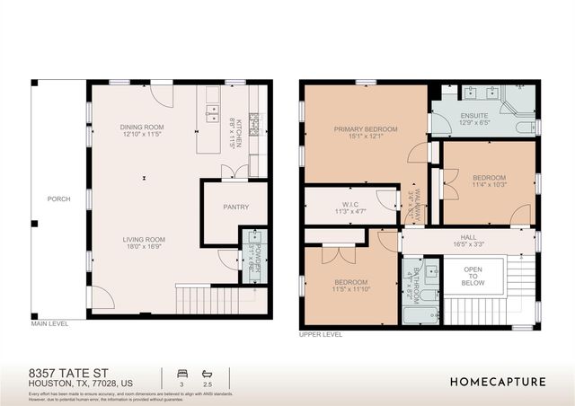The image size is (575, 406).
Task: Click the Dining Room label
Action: coord(142,128)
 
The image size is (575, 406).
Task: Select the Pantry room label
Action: coord(235,207)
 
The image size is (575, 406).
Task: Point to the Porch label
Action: coord(58,199)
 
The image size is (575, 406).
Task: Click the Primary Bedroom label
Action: coord(365,129)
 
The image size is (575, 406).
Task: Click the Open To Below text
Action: coord(473,276)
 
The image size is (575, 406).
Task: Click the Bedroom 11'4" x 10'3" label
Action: coord(489,178)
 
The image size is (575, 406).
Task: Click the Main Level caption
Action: coord(51,322)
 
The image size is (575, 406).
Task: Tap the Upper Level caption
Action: coord(321,334)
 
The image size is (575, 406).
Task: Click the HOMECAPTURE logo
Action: coord(498,381)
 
